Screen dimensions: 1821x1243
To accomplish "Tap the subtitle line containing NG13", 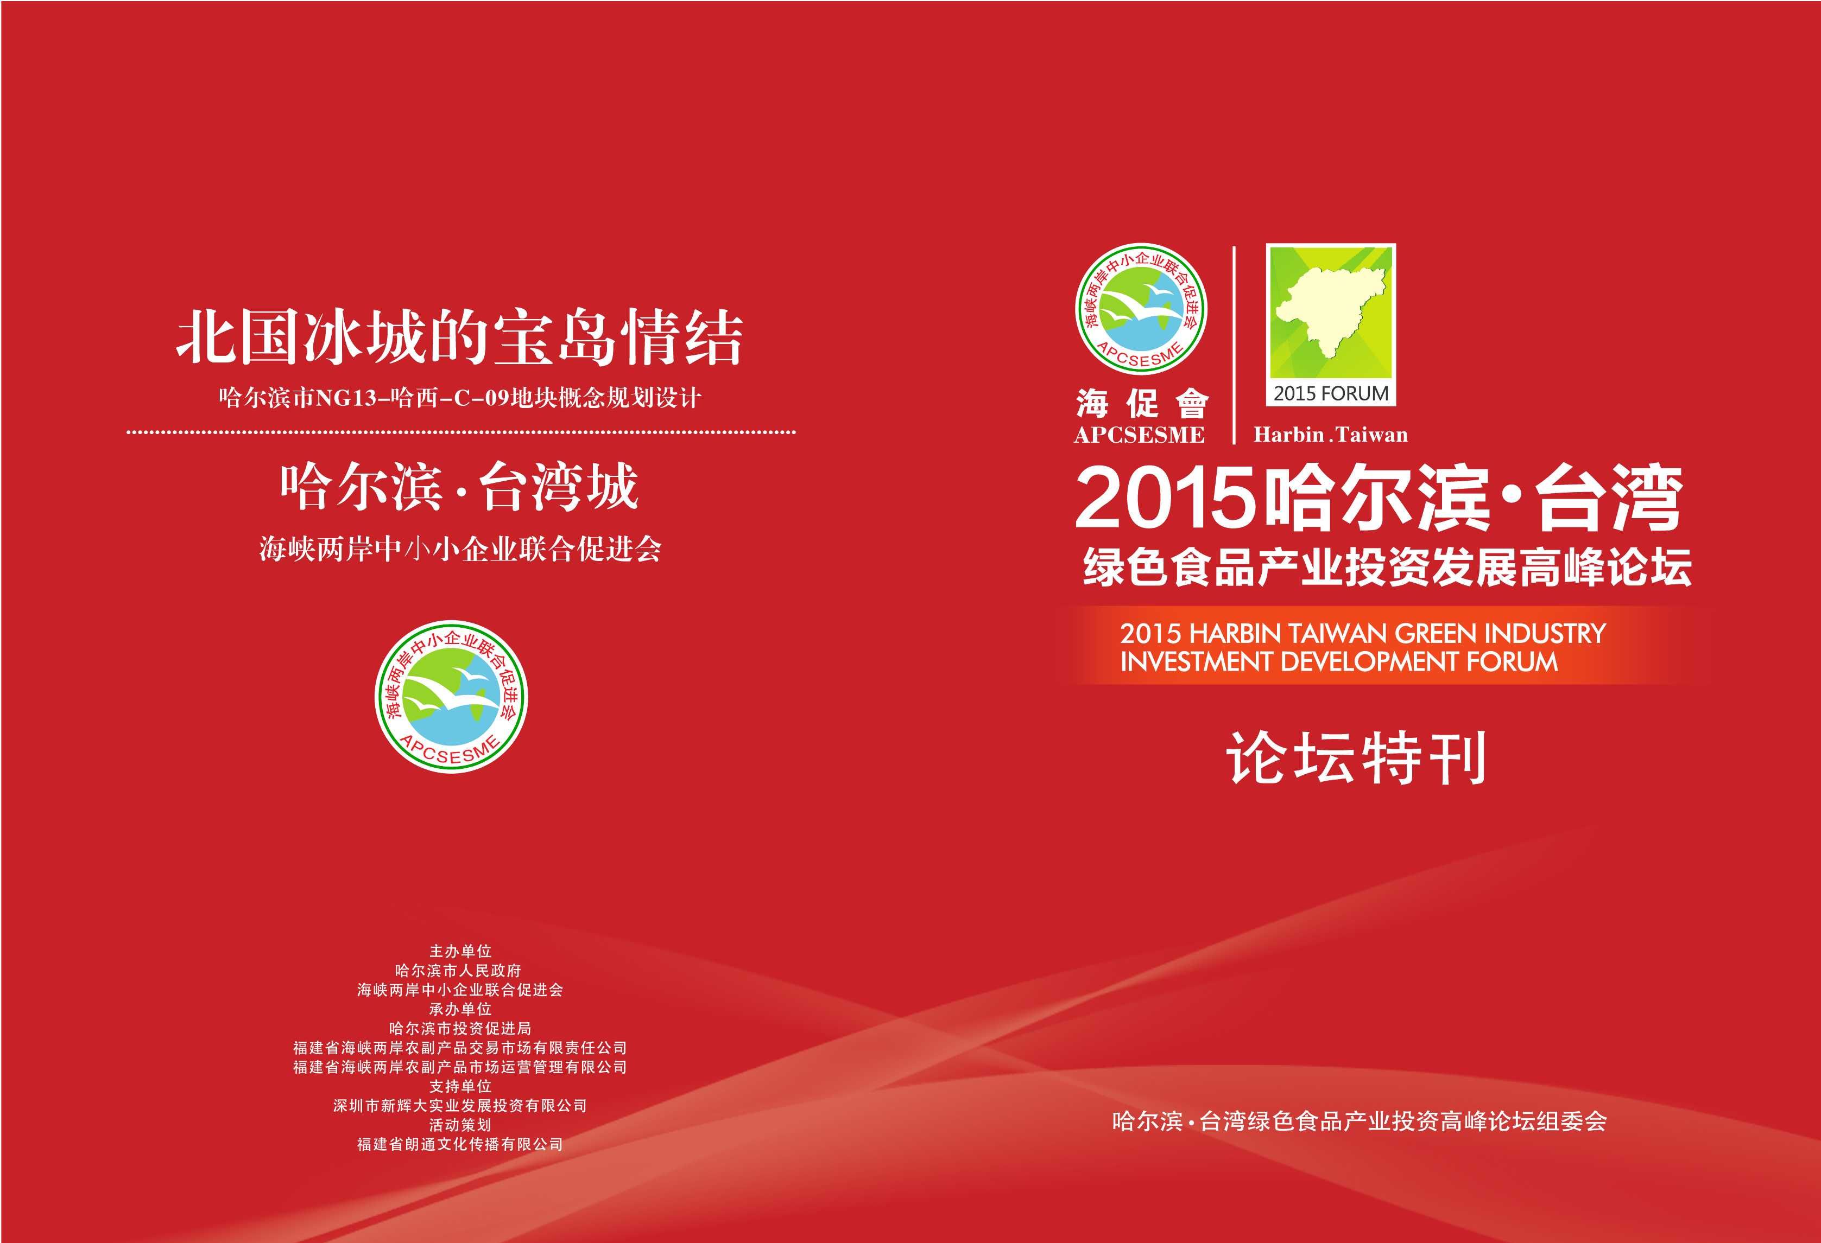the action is click(460, 398).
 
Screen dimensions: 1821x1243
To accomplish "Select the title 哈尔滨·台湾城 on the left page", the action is click(459, 487).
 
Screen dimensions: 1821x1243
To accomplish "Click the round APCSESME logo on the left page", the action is click(451, 696).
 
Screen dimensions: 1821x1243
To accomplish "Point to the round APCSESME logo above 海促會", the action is click(1141, 309).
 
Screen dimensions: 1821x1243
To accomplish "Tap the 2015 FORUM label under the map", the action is click(1331, 393).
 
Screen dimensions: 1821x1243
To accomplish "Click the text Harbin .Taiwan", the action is click(1331, 435).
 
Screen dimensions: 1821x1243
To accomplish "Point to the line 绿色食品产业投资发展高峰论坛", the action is click(1387, 566).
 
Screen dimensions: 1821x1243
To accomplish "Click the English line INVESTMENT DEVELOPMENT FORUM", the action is click(1339, 662).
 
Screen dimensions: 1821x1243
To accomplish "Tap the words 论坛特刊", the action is click(1356, 757).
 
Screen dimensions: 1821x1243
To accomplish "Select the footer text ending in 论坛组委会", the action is click(1359, 1121).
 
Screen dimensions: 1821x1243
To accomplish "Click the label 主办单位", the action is click(460, 951).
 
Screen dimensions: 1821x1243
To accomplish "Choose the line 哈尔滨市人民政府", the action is click(460, 971).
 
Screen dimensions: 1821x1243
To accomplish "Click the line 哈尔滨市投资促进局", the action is click(460, 1028).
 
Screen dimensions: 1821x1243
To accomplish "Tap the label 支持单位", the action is click(460, 1086).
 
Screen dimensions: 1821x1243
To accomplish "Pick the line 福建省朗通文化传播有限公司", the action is click(460, 1144).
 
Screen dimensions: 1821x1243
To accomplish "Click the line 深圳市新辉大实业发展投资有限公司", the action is click(460, 1106).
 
